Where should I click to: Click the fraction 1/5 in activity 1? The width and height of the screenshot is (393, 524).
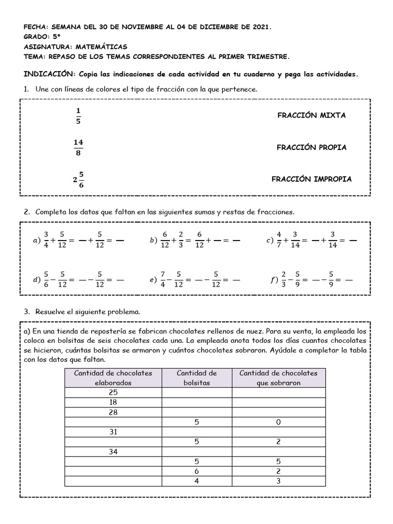click(x=78, y=116)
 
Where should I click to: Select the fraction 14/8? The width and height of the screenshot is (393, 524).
click(x=78, y=147)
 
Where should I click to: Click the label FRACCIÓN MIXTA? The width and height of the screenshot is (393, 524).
click(x=311, y=115)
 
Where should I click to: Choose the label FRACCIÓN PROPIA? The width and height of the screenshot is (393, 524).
click(x=311, y=147)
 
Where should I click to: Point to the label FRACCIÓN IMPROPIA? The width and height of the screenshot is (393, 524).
click(x=311, y=179)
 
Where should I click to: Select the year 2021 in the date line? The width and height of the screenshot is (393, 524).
click(x=259, y=27)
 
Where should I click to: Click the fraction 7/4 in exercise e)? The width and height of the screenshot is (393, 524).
click(x=163, y=279)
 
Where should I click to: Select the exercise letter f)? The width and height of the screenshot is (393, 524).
click(x=273, y=280)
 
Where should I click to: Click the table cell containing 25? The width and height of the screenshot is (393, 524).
click(x=113, y=392)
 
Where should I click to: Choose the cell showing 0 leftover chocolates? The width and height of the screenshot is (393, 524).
click(x=278, y=422)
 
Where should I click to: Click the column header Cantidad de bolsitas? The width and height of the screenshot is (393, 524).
click(x=196, y=378)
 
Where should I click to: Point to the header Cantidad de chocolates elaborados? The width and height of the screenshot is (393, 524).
click(x=113, y=378)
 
